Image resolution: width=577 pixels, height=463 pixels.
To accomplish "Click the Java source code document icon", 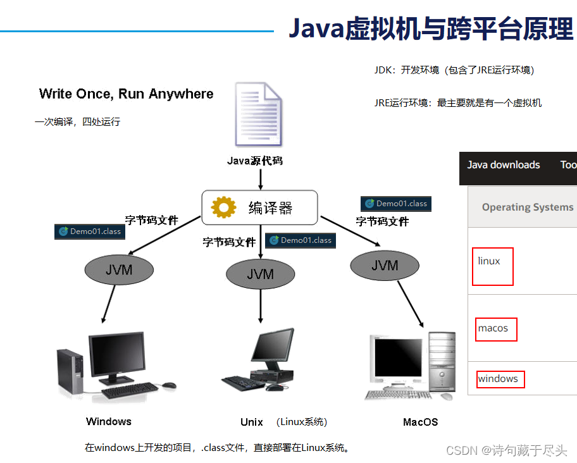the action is pyautogui.click(x=259, y=114).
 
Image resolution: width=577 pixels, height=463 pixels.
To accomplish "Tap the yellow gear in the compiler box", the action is pyautogui.click(x=223, y=207).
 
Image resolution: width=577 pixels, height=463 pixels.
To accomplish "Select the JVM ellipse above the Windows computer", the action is pyautogui.click(x=119, y=270).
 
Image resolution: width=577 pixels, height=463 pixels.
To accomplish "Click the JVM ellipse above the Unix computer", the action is pyautogui.click(x=260, y=274).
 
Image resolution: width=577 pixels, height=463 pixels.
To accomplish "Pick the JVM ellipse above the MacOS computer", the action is pyautogui.click(x=385, y=265).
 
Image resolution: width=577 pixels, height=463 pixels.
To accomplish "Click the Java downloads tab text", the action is pyautogui.click(x=504, y=164).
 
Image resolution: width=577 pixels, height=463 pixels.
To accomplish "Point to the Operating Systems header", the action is pyautogui.click(x=528, y=207).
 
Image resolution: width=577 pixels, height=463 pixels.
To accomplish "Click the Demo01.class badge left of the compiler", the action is pyautogui.click(x=90, y=231).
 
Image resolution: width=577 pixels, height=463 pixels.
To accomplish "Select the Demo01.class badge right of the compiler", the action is pyautogui.click(x=396, y=204).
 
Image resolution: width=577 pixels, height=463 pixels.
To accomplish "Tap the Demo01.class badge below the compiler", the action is pyautogui.click(x=301, y=240).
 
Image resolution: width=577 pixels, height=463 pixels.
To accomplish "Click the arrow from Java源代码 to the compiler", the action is pyautogui.click(x=261, y=180).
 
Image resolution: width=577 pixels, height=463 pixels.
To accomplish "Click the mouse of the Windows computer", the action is pyautogui.click(x=169, y=385).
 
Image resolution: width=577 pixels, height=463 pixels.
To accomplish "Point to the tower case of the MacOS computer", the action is pyautogui.click(x=442, y=362).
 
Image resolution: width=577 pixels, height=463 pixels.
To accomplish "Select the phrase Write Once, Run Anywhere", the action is pyautogui.click(x=127, y=94).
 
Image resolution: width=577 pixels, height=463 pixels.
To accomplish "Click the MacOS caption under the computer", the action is pyautogui.click(x=421, y=422).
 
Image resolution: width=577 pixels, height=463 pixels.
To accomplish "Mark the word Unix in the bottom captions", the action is pyautogui.click(x=252, y=422).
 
